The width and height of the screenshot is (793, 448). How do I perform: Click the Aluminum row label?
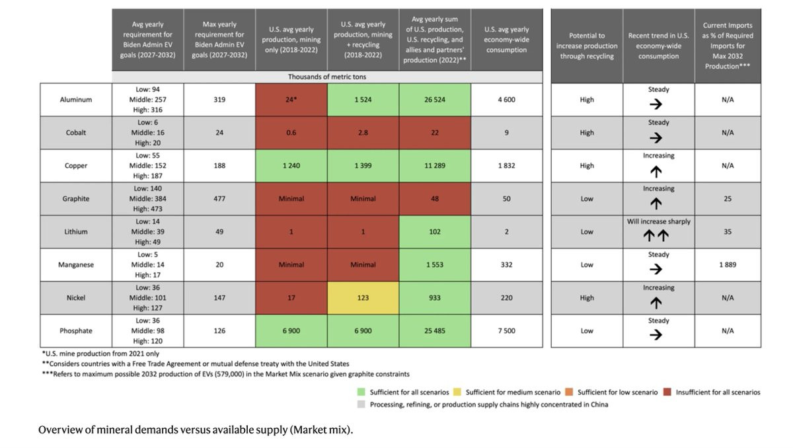(x=75, y=100)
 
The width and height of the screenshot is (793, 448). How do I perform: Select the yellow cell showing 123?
(x=363, y=298)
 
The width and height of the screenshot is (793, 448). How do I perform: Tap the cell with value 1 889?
(x=728, y=265)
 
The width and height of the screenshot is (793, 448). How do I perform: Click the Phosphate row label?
(x=75, y=331)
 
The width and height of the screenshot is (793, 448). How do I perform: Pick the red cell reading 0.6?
(x=291, y=133)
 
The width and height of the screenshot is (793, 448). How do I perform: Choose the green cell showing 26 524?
(x=435, y=100)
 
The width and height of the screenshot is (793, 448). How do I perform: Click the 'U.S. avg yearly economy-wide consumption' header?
(x=506, y=40)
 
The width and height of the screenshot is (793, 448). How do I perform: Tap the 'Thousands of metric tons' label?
(x=326, y=77)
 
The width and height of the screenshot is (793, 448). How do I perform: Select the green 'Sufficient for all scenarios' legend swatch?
(x=361, y=392)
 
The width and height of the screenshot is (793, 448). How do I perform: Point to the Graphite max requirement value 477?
(x=219, y=199)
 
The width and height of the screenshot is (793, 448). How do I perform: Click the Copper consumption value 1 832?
(x=506, y=166)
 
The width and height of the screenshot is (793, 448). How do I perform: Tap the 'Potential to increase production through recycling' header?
(x=587, y=46)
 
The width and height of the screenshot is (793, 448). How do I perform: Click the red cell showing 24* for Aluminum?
(x=291, y=100)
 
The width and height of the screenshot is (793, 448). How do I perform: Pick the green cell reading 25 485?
(x=435, y=331)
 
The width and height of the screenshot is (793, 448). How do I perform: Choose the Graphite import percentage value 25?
(x=728, y=199)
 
